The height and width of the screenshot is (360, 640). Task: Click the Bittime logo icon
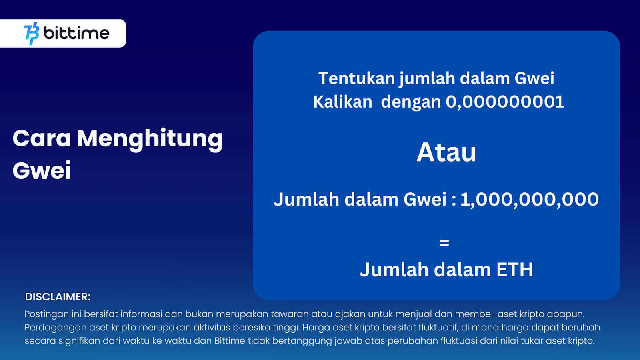tap(32, 34)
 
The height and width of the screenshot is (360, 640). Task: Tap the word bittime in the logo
tap(76, 33)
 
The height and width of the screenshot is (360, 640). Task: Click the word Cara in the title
tap(42, 138)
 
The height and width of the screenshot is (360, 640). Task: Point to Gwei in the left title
tap(42, 170)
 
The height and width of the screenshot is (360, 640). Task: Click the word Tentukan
tap(357, 78)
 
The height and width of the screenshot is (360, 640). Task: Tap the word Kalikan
tap(342, 102)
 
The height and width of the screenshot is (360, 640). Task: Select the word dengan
tap(411, 103)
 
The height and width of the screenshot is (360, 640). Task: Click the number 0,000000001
tap(505, 102)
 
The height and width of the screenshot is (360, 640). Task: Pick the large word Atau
tap(446, 152)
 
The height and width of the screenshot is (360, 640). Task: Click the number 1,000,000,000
tap(530, 200)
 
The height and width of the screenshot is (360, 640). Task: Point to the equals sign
tap(444, 243)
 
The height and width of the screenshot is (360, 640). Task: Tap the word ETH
tap(514, 270)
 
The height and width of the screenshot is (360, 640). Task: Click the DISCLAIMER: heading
tap(58, 297)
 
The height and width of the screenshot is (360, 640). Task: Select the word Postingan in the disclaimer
tap(46, 314)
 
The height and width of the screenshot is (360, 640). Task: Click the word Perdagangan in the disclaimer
tap(55, 328)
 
